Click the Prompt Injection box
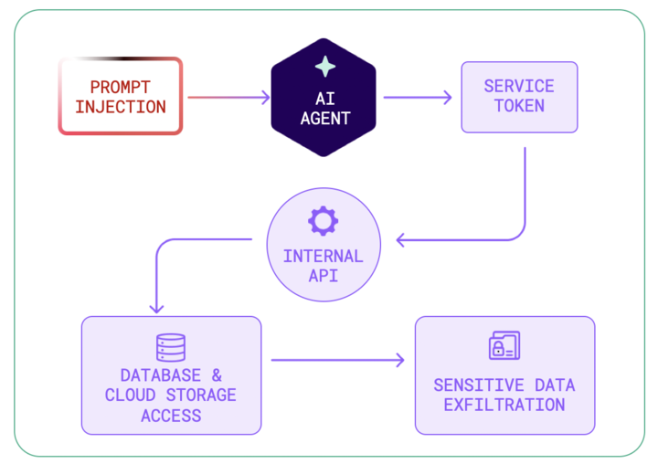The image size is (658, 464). point(121,96)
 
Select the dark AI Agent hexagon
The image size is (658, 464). point(324,98)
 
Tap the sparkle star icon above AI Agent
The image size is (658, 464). point(324,66)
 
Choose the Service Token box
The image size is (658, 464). point(518,96)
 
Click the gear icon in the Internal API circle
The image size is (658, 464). point(324,220)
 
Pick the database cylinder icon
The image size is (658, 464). point(171,347)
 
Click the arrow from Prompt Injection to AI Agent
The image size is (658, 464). point(228,97)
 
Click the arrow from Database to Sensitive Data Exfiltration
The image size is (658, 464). point(337,360)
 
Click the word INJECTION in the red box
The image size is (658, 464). point(121,107)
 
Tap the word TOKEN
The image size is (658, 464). point(519,106)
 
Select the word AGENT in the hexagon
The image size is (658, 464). point(324,118)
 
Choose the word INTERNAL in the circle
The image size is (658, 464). point(324,255)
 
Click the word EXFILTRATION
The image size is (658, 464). point(504,404)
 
